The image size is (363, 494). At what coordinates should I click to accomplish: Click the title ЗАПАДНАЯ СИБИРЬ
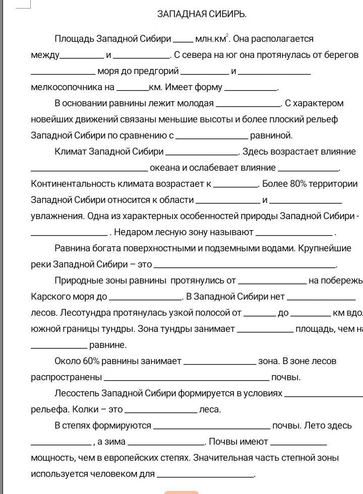pyautogui.click(x=202, y=14)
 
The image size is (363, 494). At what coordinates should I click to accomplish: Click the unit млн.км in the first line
pyautogui.click(x=211, y=39)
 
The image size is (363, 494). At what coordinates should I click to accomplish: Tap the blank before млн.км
pyautogui.click(x=183, y=40)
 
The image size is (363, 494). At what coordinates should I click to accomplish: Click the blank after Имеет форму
pyautogui.click(x=251, y=89)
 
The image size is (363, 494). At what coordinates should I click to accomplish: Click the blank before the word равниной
pyautogui.click(x=212, y=137)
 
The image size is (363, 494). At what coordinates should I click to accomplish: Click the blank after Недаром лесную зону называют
pyautogui.click(x=294, y=234)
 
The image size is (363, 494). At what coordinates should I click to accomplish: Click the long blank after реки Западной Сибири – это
pyautogui.click(x=245, y=266)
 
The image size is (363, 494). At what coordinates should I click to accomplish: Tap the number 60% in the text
pyautogui.click(x=91, y=361)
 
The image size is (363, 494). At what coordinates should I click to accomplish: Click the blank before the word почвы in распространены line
pyautogui.click(x=186, y=379)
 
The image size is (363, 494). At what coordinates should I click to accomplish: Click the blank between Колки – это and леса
pyautogui.click(x=160, y=411)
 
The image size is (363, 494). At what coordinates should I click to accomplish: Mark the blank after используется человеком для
pyautogui.click(x=205, y=475)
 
